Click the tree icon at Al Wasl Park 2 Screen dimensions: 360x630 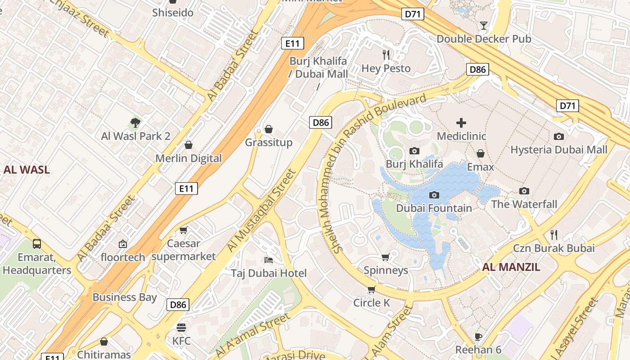tap(135, 122)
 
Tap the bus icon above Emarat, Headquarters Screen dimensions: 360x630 tap(37, 244)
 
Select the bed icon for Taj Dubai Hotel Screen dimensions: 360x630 tap(269, 260)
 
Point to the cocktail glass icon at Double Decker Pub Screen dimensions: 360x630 tap(484, 26)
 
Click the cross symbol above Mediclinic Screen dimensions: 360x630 tap(461, 122)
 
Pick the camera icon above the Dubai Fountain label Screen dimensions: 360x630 tap(434, 195)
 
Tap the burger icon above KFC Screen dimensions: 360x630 tap(181, 327)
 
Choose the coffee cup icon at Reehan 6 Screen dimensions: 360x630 tap(478, 337)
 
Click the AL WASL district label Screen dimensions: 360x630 tap(27, 170)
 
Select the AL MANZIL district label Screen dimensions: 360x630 tap(511, 267)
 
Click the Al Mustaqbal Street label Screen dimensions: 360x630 tap(261, 210)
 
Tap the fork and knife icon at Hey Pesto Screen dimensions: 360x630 tap(386, 55)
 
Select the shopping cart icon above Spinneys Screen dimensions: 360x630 tap(386, 257)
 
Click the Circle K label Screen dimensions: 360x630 tap(372, 303)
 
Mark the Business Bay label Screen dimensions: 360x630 tap(125, 297)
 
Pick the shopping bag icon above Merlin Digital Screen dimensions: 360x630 tap(189, 145)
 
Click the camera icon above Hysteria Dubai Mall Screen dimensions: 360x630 tap(559, 136)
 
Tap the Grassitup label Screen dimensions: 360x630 tap(269, 143)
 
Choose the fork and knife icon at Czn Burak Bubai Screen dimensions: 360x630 tap(554, 235)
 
